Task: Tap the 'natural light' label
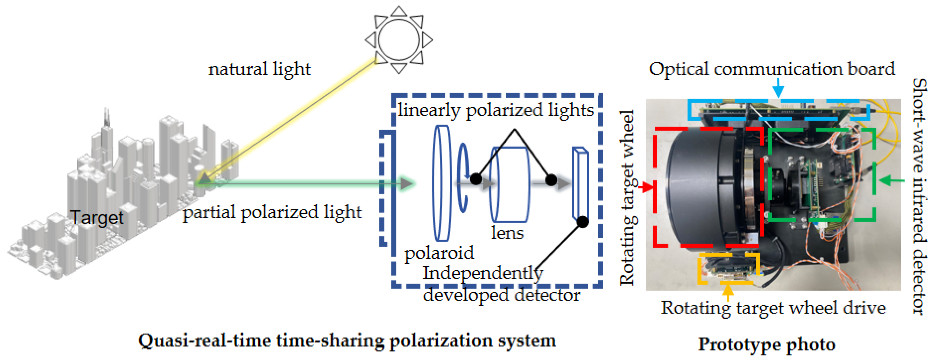click(x=259, y=69)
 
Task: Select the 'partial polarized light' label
click(x=272, y=213)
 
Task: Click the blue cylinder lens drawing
click(x=510, y=184)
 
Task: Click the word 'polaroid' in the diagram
click(x=439, y=253)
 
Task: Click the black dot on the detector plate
click(x=583, y=221)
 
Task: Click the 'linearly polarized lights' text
click(x=496, y=110)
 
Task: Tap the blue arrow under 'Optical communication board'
click(x=778, y=88)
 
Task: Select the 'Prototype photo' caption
click(x=767, y=344)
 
